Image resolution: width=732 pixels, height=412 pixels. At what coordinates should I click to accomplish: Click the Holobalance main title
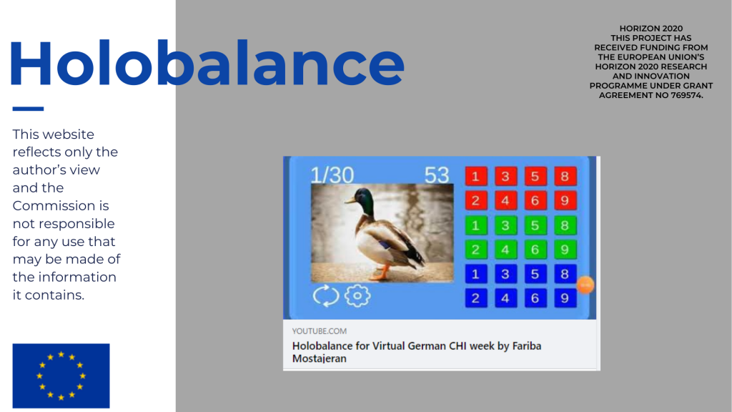point(207,63)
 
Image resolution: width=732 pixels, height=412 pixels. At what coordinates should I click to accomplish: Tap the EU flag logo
point(61,376)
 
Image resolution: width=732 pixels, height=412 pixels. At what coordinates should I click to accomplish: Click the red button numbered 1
point(475,177)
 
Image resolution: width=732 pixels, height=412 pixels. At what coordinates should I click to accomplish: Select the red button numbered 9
point(565,201)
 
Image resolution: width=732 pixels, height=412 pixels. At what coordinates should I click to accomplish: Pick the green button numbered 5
point(535,225)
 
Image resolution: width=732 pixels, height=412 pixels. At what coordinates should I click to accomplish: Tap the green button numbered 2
point(475,250)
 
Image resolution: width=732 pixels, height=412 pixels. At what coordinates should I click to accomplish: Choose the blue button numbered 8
point(565,274)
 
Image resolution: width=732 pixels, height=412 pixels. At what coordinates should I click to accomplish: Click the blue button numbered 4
point(505,298)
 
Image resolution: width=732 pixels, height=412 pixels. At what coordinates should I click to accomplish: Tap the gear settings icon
point(357,295)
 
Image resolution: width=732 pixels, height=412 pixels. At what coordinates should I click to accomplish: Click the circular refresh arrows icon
point(326,295)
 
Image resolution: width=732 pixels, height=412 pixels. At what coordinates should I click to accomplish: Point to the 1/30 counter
point(332,175)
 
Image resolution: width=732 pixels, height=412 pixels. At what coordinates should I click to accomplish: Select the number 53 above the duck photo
point(437,175)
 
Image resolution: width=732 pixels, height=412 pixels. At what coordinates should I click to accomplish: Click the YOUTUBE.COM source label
point(320,331)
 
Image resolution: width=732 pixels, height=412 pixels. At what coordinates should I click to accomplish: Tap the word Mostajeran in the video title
point(320,359)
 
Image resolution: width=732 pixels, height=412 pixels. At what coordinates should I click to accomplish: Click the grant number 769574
point(686,95)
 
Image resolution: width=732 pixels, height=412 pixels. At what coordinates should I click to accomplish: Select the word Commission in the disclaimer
point(61,205)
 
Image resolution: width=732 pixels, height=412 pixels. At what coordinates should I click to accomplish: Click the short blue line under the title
point(28,109)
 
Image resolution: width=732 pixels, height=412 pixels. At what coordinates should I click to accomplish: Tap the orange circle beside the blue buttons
point(585,285)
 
